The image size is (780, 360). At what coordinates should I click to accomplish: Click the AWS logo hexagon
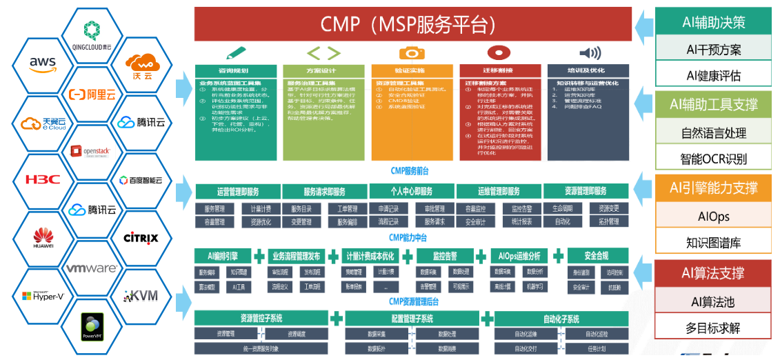click(42, 63)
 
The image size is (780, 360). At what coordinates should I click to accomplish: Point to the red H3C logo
click(42, 179)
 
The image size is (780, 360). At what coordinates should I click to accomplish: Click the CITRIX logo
click(141, 238)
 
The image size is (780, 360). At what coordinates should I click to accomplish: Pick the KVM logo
click(141, 296)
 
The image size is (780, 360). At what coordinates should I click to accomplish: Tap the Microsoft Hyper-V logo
click(42, 296)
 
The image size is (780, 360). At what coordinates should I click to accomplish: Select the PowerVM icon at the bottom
click(92, 324)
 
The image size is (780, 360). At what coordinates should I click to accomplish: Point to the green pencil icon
click(235, 53)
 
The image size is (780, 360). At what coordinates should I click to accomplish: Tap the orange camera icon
click(412, 53)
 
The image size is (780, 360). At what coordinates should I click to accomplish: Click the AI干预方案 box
click(713, 49)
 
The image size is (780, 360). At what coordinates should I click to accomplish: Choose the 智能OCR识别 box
click(713, 159)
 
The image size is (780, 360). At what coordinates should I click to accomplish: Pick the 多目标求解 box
click(713, 328)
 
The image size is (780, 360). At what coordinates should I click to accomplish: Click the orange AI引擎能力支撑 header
click(713, 188)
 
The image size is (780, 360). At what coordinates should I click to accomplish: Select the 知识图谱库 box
click(713, 243)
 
